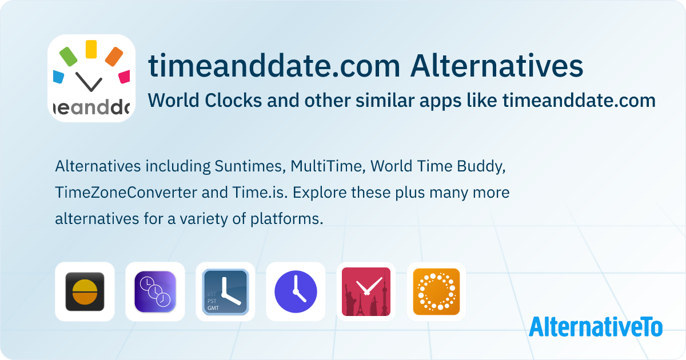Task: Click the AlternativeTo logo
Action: (x=596, y=327)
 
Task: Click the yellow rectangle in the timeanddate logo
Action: (x=91, y=49)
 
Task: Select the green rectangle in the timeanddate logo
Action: (x=68, y=57)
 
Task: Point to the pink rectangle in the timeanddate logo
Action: (x=125, y=77)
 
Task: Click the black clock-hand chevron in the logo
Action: (x=89, y=82)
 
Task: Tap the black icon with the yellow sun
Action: (x=85, y=291)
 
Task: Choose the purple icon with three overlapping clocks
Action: (x=155, y=291)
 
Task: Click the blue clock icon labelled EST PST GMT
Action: (x=225, y=292)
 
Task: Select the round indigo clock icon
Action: (x=296, y=292)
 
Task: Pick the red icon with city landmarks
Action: (x=366, y=292)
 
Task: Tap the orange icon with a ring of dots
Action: (x=436, y=292)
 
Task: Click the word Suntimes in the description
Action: (x=250, y=166)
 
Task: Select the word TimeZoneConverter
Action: (x=126, y=193)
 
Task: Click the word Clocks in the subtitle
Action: (x=233, y=101)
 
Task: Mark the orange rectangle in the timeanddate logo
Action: (x=114, y=57)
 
